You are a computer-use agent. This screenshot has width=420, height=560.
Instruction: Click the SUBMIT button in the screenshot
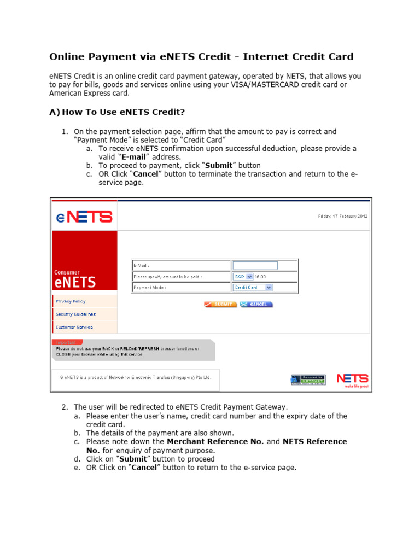pos(220,304)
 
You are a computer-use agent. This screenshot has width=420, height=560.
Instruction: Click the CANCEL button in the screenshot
pos(256,304)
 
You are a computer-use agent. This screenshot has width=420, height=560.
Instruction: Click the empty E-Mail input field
pos(255,265)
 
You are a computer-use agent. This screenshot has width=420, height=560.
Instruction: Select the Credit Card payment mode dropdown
pos(253,287)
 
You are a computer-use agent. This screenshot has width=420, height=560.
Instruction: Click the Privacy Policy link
pos(71,301)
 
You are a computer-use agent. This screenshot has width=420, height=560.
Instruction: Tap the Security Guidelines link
pos(75,314)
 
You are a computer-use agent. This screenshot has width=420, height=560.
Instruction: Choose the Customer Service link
pos(74,327)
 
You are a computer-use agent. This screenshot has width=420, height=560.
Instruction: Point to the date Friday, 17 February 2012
pos(343,216)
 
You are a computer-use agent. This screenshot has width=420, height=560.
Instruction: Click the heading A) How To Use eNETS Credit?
pos(117,113)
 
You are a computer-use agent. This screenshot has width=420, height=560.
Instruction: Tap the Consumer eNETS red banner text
pos(75,279)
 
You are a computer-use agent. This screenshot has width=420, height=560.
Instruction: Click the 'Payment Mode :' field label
pos(150,287)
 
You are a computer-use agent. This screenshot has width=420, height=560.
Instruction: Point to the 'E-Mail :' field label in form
pos(143,265)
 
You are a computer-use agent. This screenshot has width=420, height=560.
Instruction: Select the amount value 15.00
pos(260,277)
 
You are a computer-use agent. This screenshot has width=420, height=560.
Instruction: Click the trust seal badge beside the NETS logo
pos(307,380)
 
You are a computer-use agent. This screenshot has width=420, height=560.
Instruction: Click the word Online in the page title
pos(68,57)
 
